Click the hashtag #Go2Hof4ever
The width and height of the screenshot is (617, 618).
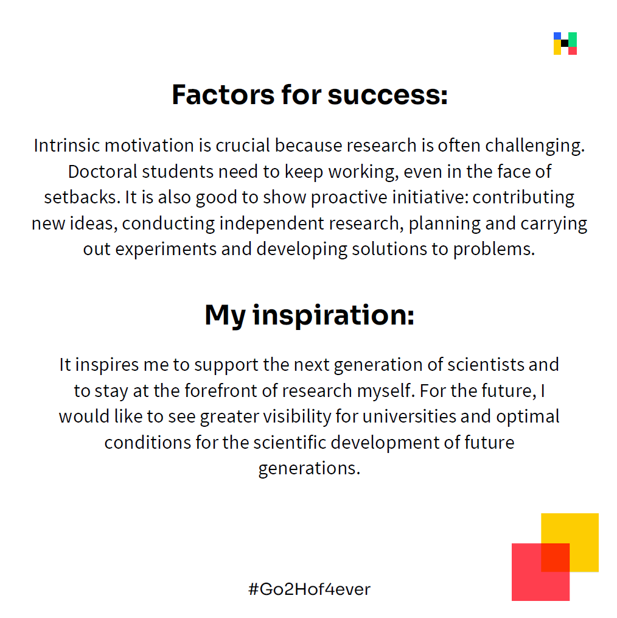point(309,589)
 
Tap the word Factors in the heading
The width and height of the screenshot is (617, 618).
point(223,94)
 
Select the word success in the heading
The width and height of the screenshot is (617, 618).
point(388,96)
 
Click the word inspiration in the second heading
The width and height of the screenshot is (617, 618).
point(333,315)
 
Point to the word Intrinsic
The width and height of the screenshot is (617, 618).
point(67,146)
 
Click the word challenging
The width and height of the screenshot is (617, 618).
point(535,146)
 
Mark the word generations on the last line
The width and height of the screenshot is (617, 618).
point(309,469)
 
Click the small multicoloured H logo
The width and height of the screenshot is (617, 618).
point(565,43)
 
